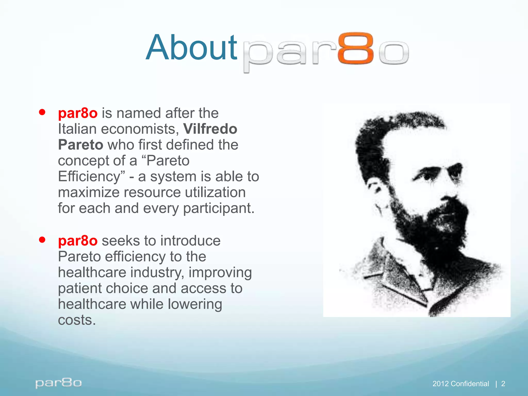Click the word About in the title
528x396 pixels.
tap(191, 48)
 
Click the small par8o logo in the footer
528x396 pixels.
tap(59, 383)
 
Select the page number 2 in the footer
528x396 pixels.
tap(503, 384)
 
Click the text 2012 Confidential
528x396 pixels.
tap(460, 384)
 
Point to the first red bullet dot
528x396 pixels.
tap(42, 112)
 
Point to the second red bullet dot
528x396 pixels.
tap(42, 240)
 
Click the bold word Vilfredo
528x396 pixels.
tap(210, 129)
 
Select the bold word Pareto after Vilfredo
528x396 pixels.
tap(80, 145)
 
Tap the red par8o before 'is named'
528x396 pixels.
tap(78, 113)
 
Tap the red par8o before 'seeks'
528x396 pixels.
tap(78, 241)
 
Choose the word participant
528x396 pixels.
tap(219, 208)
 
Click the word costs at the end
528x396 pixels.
tap(77, 320)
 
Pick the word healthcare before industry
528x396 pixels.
tap(92, 273)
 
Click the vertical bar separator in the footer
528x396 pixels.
tap(496, 384)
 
